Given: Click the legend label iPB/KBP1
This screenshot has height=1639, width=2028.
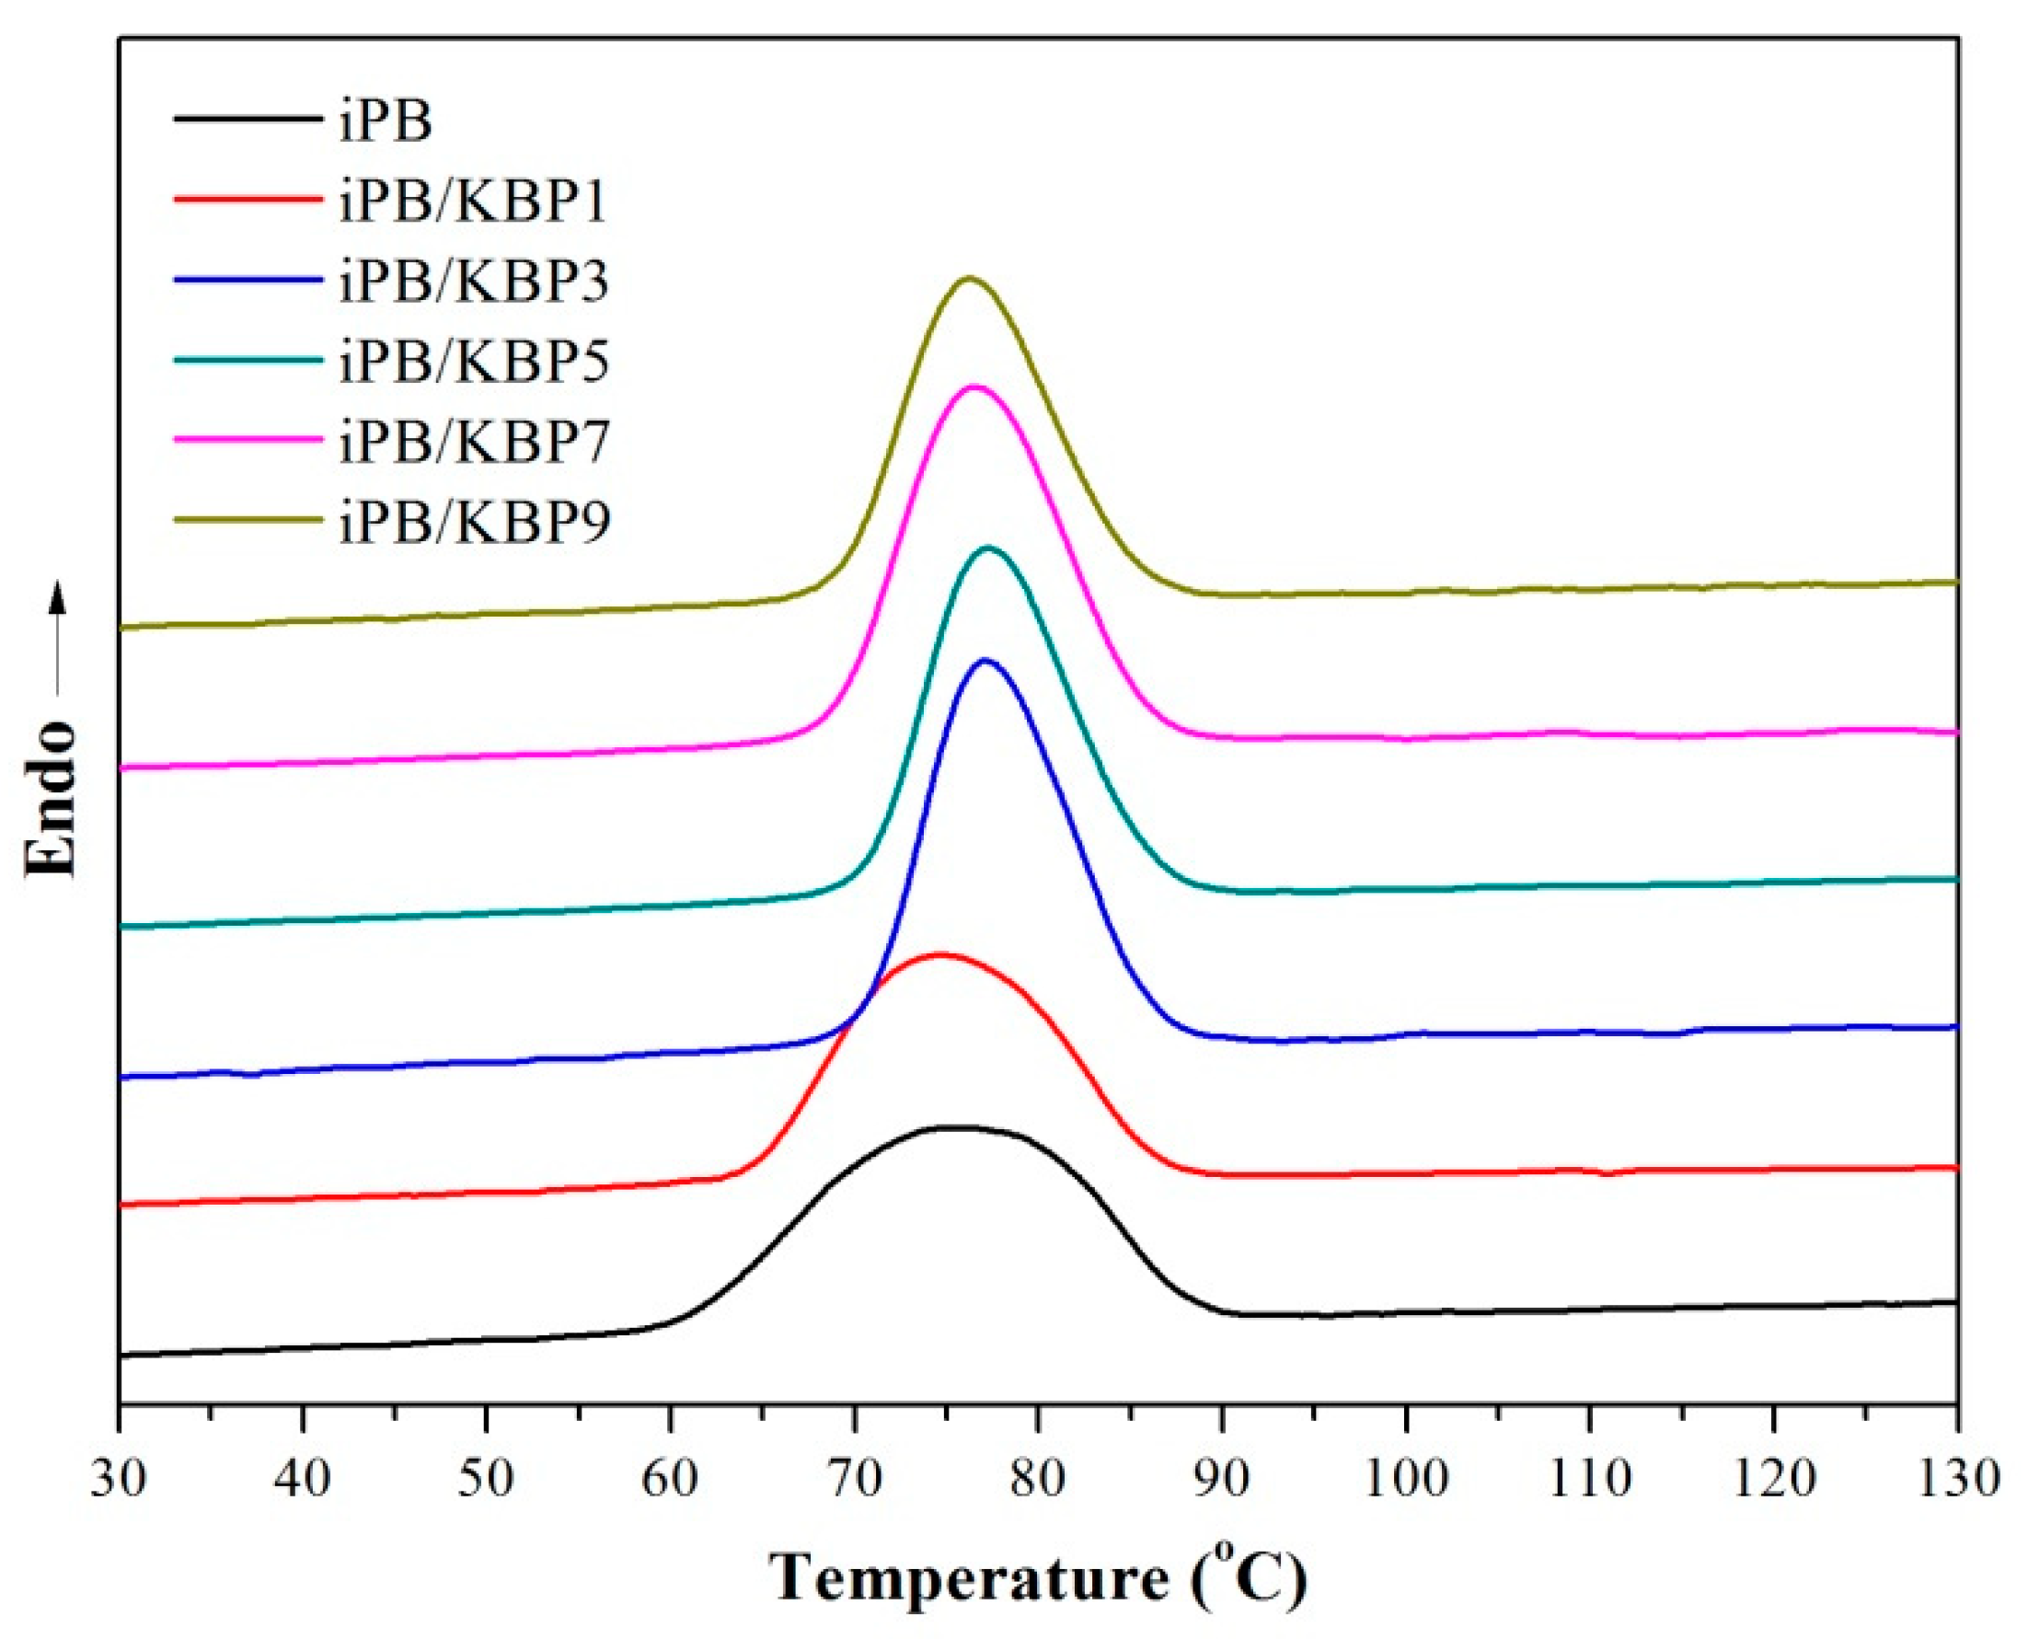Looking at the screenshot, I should pos(473,202).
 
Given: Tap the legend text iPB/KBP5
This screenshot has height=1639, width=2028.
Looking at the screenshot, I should pos(474,361).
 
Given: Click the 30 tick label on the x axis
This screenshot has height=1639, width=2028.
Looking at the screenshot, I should pos(120,1478).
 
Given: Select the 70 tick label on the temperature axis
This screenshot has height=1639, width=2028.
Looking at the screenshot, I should pos(855,1478).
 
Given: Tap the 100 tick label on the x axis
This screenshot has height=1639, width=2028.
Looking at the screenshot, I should pos(1406,1478).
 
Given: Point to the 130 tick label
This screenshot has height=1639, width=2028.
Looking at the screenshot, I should pos(1956,1478).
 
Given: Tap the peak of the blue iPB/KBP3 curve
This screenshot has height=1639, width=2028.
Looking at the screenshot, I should pos(985,660).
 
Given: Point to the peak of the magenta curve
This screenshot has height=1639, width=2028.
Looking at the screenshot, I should pos(973,387).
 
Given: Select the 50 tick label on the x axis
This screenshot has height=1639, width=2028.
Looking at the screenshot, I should pos(486,1478).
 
